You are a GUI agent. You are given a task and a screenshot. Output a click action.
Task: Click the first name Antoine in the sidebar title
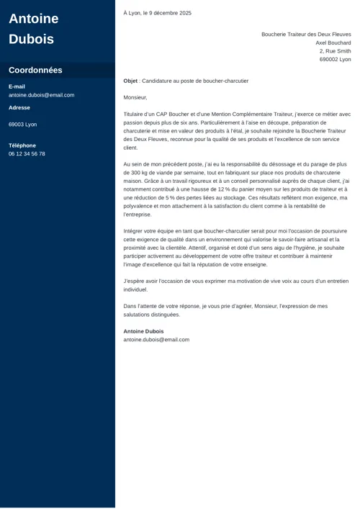34,19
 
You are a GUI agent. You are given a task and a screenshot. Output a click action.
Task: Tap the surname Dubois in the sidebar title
31,40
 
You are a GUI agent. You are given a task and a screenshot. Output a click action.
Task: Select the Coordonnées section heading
35,71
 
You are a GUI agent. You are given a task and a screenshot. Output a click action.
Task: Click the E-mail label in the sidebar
17,86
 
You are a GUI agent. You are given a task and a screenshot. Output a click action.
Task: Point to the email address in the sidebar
41,95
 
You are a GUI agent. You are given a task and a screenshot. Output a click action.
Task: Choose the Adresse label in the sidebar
19,108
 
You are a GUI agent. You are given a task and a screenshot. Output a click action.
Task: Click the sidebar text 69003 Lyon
22,125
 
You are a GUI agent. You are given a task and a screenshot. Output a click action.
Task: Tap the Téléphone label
22,145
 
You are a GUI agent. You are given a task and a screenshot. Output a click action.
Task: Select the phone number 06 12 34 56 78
27,154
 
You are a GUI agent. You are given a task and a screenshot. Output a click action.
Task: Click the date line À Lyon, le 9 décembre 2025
157,13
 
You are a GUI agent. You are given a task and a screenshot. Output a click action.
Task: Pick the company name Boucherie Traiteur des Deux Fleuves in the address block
306,35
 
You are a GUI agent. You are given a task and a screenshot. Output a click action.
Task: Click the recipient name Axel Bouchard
333,43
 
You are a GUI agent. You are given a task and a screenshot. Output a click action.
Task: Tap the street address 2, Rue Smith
335,51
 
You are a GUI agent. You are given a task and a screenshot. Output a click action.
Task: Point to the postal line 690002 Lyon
335,60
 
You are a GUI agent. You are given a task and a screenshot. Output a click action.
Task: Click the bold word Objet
130,81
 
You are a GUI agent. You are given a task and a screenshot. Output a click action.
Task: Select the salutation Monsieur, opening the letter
135,97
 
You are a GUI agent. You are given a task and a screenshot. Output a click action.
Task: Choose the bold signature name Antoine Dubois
143,331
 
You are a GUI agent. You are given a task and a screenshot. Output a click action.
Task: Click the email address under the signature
156,340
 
